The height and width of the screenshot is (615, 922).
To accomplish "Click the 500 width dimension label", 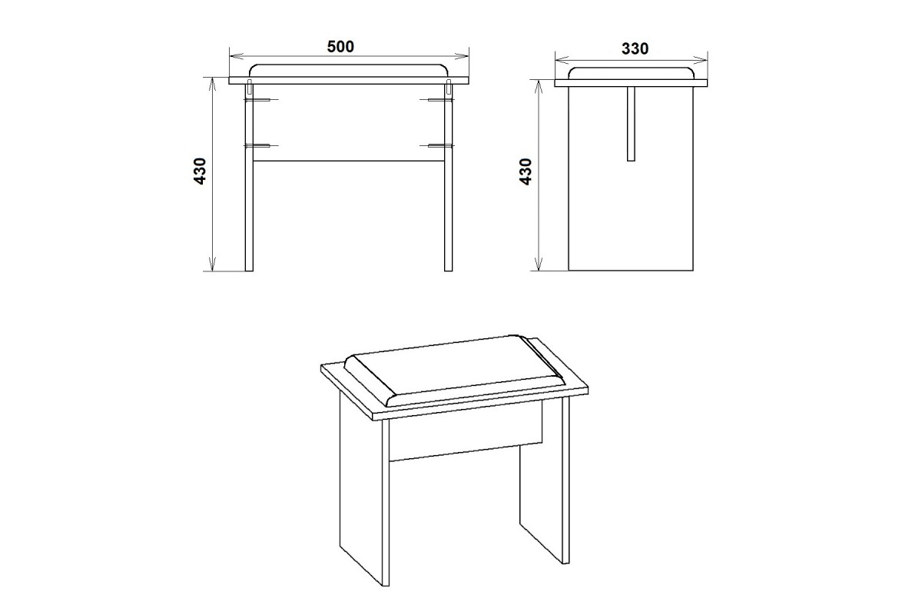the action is point(340,47).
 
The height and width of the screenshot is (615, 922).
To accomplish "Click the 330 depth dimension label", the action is point(635,48).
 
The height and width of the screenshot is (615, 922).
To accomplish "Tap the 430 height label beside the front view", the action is point(200,171).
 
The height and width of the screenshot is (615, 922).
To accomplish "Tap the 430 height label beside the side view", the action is point(526,171).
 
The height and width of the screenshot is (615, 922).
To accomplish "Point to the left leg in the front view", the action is point(249,178).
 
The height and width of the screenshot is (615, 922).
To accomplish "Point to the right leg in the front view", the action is point(448,178).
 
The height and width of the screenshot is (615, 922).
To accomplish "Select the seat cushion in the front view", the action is point(349,71).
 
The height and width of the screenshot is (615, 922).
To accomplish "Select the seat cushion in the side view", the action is point(631,73).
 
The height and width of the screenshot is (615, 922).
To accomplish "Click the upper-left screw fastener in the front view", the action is point(261,100).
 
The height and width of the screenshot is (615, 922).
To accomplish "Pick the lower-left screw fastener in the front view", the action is point(261,145).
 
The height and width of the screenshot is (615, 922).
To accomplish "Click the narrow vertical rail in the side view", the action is point(631,124).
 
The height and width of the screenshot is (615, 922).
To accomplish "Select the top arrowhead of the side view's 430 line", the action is point(539,88).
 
